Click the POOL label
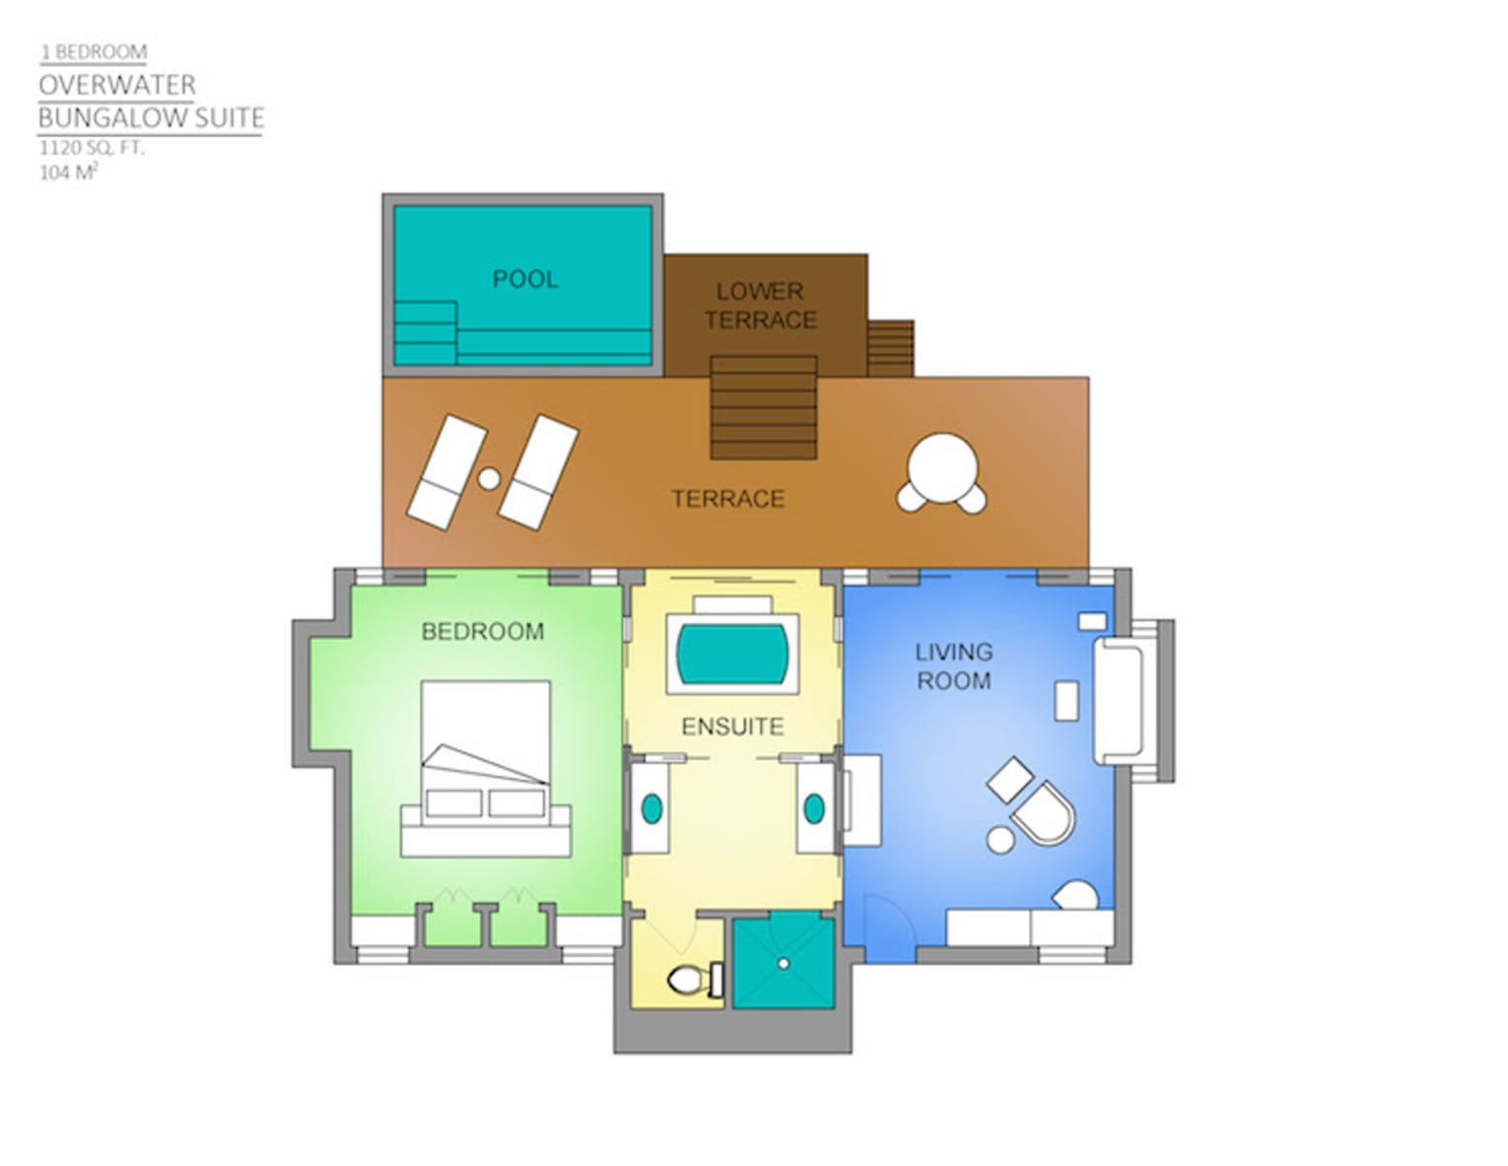coord(524,279)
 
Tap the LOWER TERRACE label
coord(760,306)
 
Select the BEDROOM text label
coord(482,631)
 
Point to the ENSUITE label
coord(732,726)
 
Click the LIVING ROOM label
coord(953,666)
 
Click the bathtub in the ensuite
coord(732,653)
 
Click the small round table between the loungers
coord(489,479)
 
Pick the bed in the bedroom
coord(486,769)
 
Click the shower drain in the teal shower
coord(784,964)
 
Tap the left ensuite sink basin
coord(651,808)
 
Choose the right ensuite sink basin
coord(813,808)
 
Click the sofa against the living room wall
coord(1118,701)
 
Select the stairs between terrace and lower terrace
coord(764,408)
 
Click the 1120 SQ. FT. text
coord(92,148)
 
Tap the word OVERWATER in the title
coord(117,86)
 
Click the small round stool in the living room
coord(1000,840)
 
